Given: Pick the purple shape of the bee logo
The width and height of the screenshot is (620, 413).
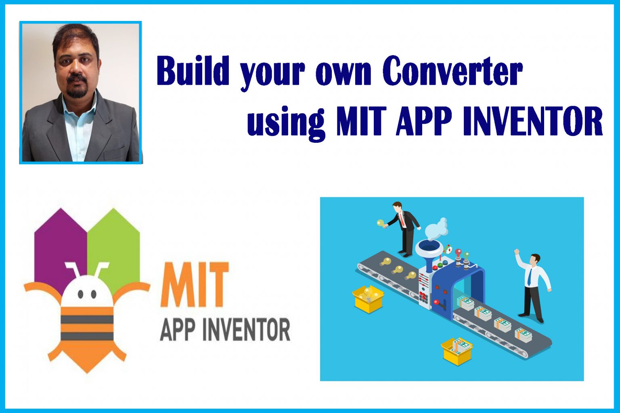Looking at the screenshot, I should point(61,246).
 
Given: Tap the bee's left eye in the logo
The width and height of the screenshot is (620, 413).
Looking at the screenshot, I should point(80,294).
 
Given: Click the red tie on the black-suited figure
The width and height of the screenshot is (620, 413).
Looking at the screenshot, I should point(402,220).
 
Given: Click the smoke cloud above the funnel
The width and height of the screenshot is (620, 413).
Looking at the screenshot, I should point(438,228).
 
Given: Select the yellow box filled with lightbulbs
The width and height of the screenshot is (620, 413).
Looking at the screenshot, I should point(368,298).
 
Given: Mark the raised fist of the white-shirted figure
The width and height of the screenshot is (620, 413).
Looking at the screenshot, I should point(517,252).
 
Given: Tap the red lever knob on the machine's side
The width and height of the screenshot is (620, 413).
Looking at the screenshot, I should point(436,301).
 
